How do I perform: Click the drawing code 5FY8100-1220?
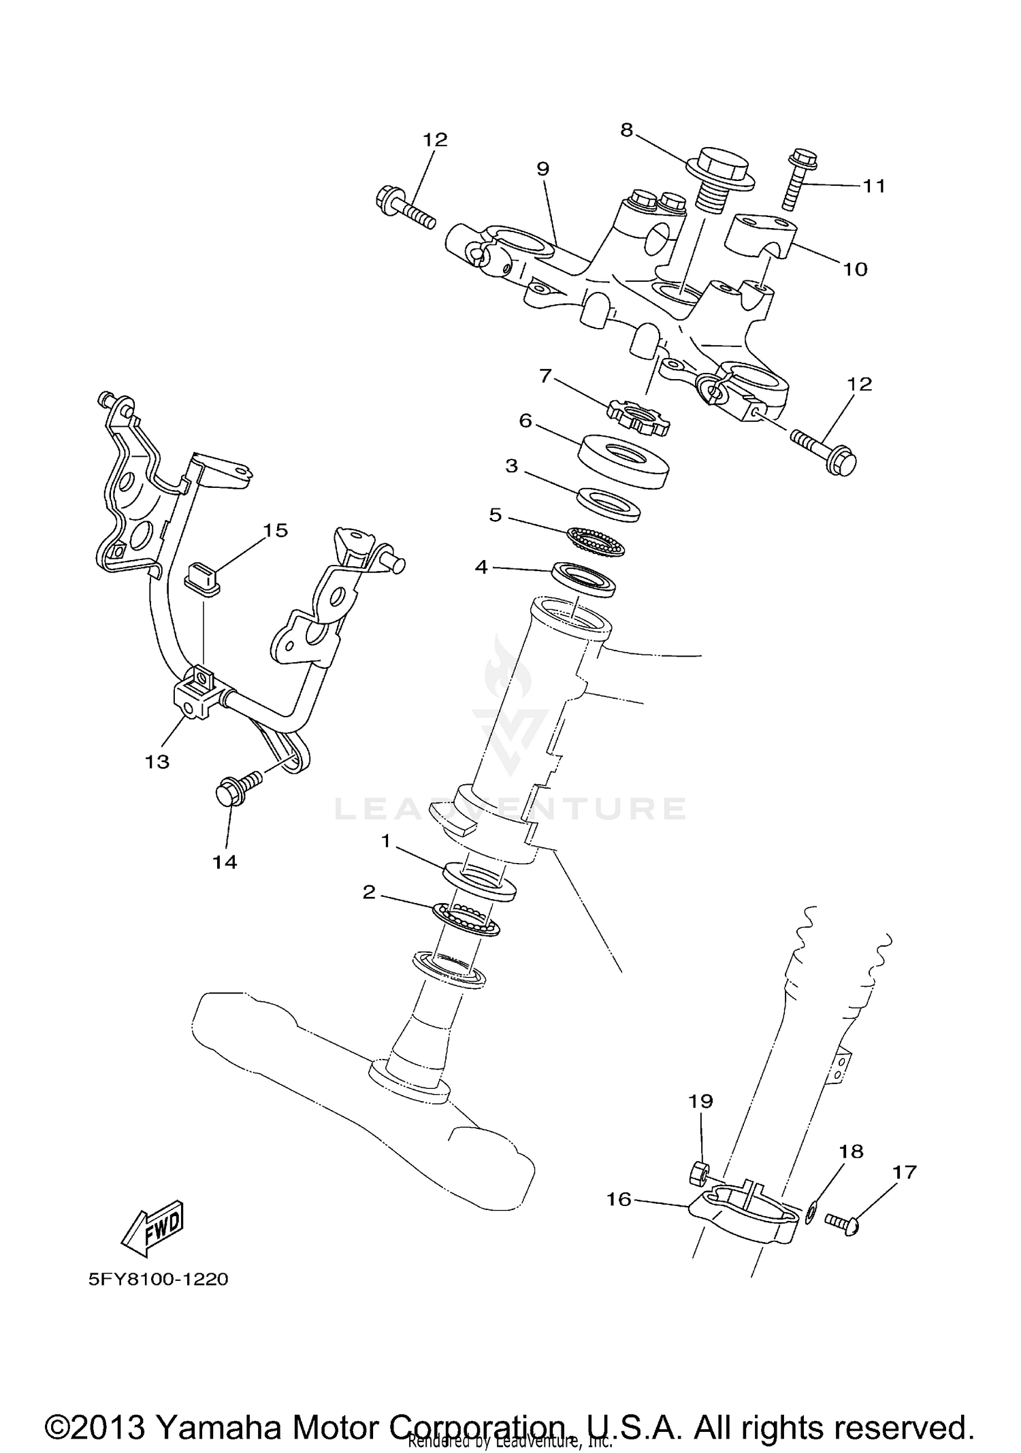158,1279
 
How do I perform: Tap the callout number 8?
626,129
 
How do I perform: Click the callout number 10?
855,270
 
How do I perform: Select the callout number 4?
481,566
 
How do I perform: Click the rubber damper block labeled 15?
201,578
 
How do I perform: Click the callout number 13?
157,761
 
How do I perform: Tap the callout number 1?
385,842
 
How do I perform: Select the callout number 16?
619,1199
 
